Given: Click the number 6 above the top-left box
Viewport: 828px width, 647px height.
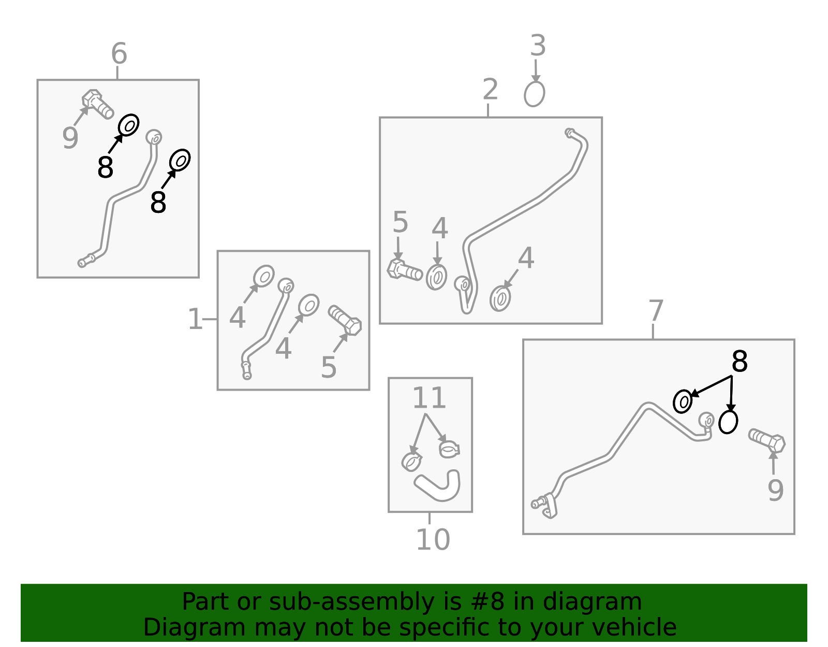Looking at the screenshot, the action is click(119, 53).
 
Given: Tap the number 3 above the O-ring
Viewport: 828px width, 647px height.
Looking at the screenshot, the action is click(538, 46).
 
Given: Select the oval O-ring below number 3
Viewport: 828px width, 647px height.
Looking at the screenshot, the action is click(534, 94).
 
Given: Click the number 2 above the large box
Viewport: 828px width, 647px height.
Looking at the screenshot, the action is click(490, 90).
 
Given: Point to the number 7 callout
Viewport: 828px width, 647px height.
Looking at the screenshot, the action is click(656, 311).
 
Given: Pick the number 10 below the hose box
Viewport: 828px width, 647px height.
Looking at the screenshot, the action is click(433, 540).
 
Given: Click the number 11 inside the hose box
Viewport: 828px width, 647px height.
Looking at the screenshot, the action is click(430, 398).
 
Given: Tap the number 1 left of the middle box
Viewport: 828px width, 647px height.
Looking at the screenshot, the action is click(195, 319).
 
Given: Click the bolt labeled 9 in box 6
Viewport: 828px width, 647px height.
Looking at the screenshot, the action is click(97, 103).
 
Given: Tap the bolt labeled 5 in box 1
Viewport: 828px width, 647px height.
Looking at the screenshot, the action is click(345, 320).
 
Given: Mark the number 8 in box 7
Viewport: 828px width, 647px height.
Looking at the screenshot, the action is click(740, 362).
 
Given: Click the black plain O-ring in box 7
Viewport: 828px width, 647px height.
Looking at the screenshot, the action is click(728, 422).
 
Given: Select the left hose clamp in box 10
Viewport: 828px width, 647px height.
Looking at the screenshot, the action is click(411, 462).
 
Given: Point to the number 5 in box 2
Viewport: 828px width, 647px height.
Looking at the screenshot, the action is click(400, 222).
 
